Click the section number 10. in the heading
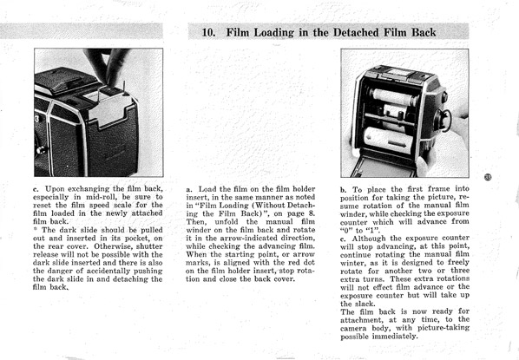208,32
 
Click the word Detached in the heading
356,32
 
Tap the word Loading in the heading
274,33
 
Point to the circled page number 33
488,177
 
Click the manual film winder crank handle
443,120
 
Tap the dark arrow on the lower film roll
397,144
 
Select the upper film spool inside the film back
393,98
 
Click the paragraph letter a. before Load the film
189,189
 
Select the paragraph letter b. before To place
344,190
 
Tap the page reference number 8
312,213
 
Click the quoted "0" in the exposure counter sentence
345,230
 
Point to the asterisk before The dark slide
35,229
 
